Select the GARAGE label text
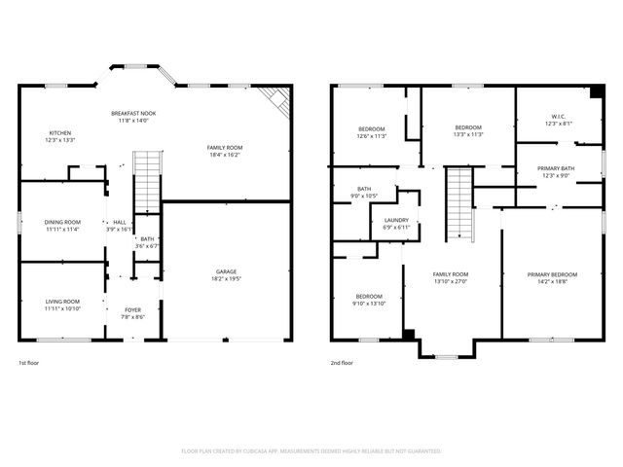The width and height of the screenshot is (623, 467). pyautogui.click(x=226, y=271)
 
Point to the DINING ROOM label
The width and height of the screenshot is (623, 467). pyautogui.click(x=61, y=222)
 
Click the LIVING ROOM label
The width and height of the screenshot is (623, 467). pyautogui.click(x=61, y=302)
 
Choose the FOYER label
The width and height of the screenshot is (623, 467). pyautogui.click(x=132, y=309)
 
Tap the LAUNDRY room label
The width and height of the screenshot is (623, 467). pyautogui.click(x=396, y=220)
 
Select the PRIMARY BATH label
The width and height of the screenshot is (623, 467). pyautogui.click(x=556, y=168)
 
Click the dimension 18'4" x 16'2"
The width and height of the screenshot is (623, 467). pyautogui.click(x=224, y=154)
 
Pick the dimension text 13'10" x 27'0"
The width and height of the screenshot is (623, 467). pyautogui.click(x=451, y=281)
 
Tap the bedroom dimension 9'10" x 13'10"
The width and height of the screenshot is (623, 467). pyautogui.click(x=370, y=304)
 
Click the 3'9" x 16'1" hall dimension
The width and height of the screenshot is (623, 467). pyautogui.click(x=119, y=230)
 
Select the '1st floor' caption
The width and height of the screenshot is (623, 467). pyautogui.click(x=30, y=362)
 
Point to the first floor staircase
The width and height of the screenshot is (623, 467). pyautogui.click(x=145, y=181)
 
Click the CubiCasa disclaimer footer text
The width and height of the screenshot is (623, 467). pyautogui.click(x=311, y=451)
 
